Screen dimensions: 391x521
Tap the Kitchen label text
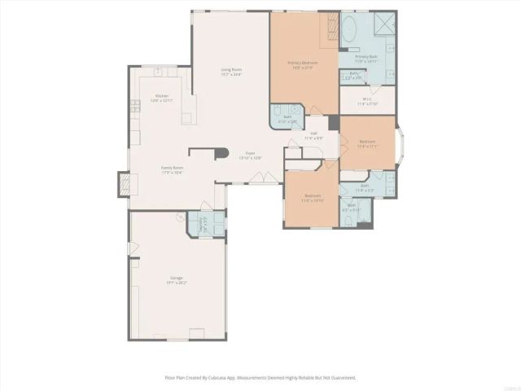tap(162, 98)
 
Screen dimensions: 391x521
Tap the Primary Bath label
tap(366, 59)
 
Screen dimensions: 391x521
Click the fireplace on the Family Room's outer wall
tap(123, 185)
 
